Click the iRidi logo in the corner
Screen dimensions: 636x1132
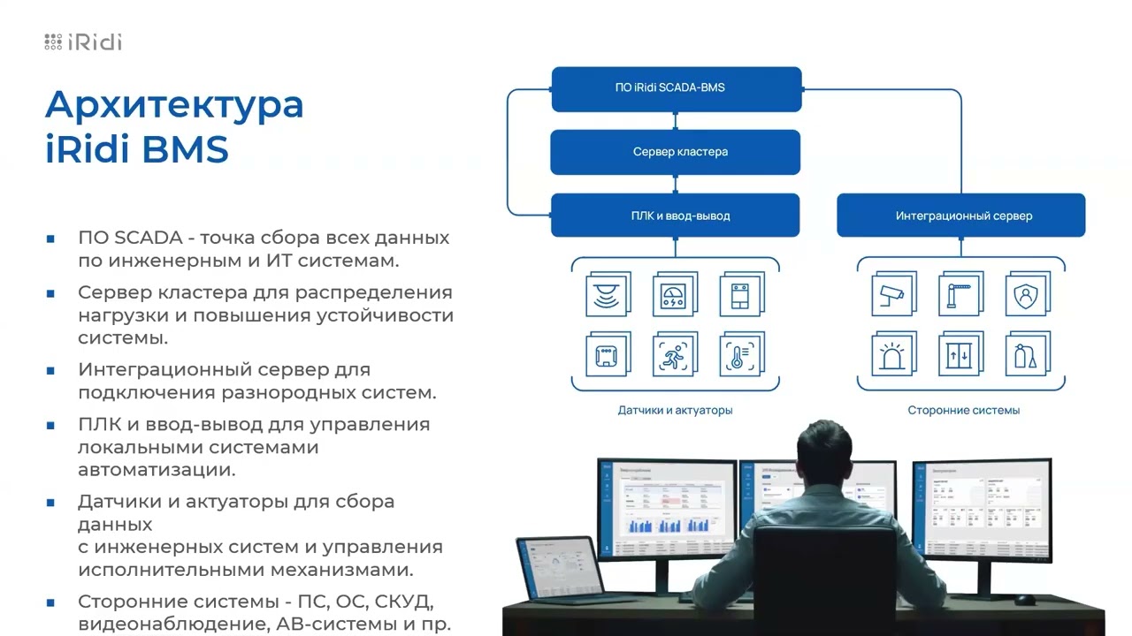[83, 42]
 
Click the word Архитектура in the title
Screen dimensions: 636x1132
[174, 104]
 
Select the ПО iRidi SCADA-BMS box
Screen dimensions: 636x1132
[677, 88]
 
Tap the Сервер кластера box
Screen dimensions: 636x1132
[677, 152]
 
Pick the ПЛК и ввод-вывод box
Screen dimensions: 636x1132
[675, 216]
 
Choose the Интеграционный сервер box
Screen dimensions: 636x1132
[961, 216]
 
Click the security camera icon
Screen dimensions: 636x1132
[893, 295]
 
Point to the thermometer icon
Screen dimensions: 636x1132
[741, 355]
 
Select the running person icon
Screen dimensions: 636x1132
[674, 355]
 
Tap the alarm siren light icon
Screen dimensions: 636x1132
[893, 355]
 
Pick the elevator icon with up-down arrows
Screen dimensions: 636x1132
[960, 355]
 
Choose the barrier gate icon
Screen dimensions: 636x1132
[960, 295]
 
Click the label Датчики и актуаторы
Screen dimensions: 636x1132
[675, 411]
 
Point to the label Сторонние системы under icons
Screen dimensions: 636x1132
[963, 411]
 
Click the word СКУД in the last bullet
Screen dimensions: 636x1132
[402, 602]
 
